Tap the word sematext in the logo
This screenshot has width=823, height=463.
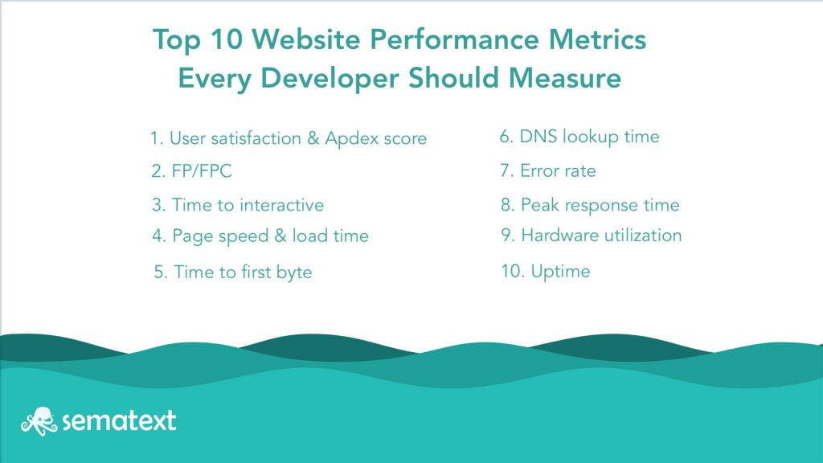point(115,420)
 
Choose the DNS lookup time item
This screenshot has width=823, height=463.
point(579,137)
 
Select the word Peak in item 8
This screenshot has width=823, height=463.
point(538,206)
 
